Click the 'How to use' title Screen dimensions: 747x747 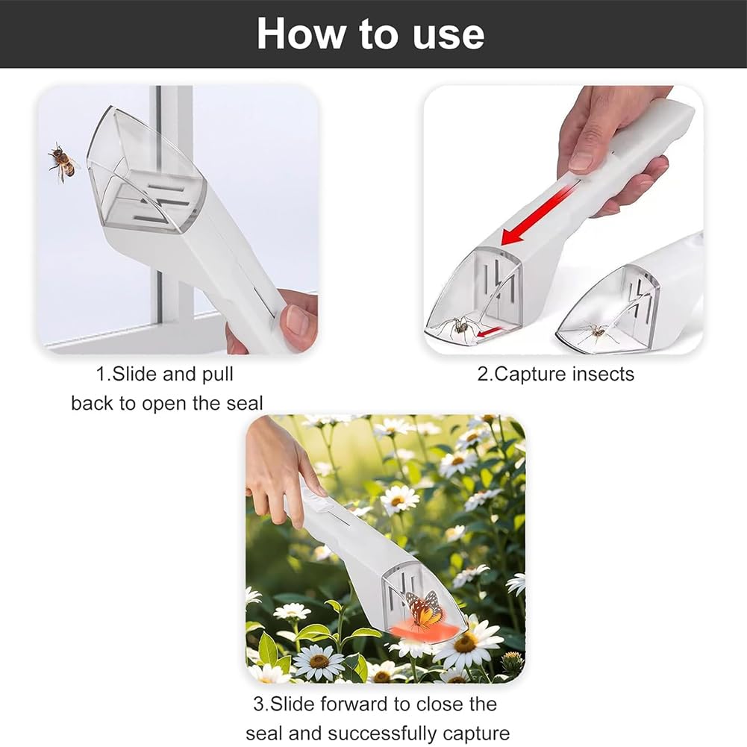click(x=371, y=34)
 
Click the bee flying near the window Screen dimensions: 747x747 click(x=62, y=161)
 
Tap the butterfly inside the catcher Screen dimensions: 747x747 click(x=424, y=608)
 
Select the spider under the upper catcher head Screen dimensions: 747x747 click(x=460, y=327)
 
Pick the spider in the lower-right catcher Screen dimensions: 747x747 click(x=597, y=331)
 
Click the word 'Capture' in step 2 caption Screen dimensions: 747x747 click(x=531, y=374)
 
